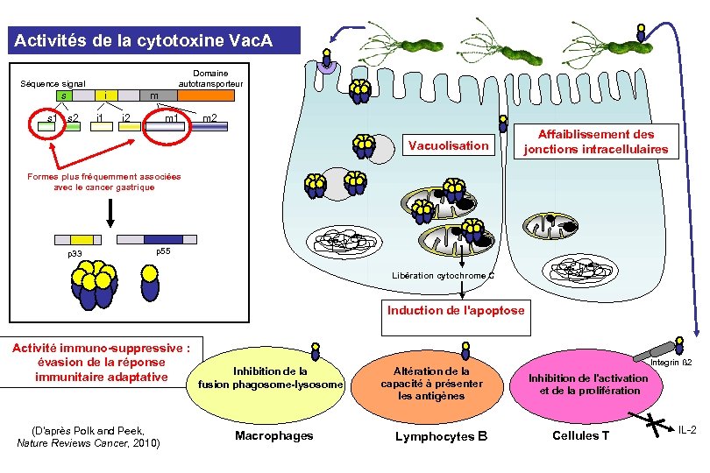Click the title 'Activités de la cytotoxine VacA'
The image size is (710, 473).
click(152, 39)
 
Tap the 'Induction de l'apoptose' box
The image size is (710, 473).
click(456, 311)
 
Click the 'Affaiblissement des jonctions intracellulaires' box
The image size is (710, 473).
click(595, 142)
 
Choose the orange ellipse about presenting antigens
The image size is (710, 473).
click(430, 384)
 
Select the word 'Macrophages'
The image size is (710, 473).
click(273, 436)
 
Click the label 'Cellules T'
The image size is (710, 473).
click(580, 436)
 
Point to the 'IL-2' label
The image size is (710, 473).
click(688, 430)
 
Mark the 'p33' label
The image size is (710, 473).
click(75, 254)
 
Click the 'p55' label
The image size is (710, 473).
click(162, 251)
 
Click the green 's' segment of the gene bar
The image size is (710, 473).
click(64, 95)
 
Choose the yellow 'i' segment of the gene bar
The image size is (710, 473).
click(106, 95)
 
